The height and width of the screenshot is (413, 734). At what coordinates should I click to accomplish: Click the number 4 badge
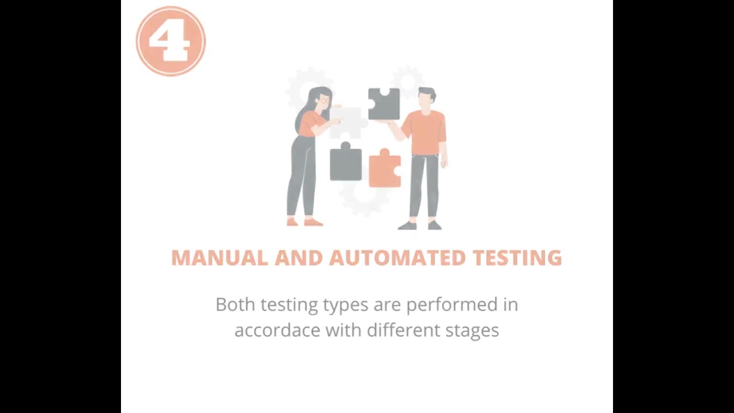[171, 41]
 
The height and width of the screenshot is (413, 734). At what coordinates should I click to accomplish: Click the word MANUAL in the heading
[219, 258]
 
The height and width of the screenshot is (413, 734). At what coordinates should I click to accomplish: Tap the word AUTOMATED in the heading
[398, 258]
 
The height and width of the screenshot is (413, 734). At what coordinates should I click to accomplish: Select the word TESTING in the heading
[517, 258]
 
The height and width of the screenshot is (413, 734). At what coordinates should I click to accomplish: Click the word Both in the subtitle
[235, 305]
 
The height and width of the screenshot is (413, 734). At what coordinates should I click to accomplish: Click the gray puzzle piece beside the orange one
[345, 163]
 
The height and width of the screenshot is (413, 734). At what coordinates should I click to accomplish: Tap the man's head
[426, 98]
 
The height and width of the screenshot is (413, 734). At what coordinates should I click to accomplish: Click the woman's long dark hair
[304, 112]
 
